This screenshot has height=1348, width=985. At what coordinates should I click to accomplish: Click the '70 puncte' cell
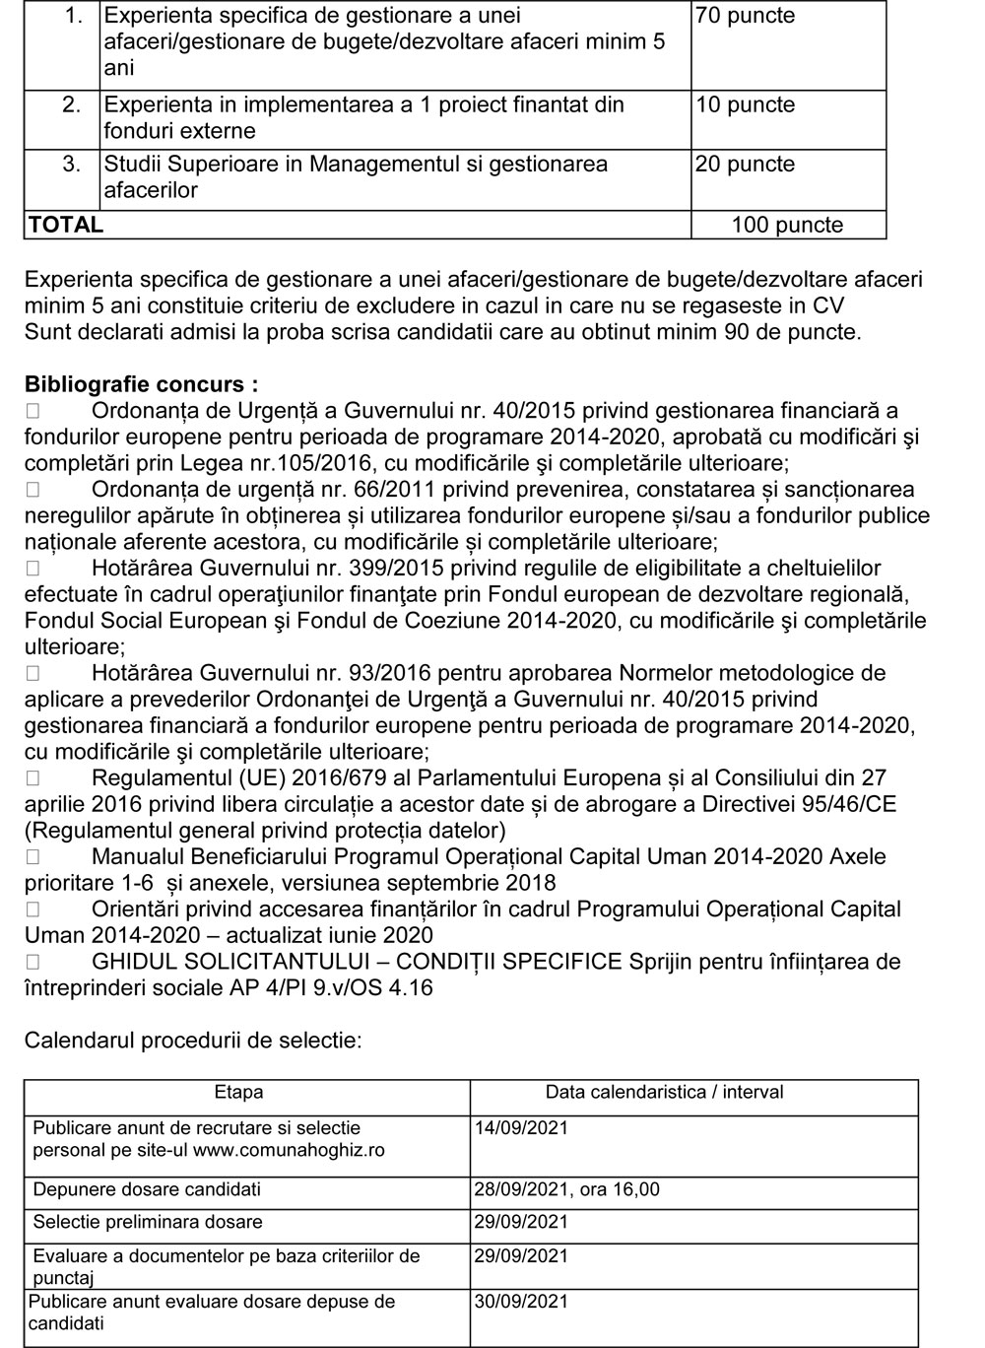pyautogui.click(x=745, y=16)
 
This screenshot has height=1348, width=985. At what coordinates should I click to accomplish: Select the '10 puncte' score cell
pyautogui.click(x=745, y=105)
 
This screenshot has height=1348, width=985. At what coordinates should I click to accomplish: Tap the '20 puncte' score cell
pyautogui.click(x=745, y=165)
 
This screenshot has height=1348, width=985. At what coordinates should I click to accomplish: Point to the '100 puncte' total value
pyautogui.click(x=787, y=226)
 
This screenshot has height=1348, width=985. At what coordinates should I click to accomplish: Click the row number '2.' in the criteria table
pyautogui.click(x=72, y=105)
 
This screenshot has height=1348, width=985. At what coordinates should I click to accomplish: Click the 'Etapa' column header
pyautogui.click(x=238, y=1093)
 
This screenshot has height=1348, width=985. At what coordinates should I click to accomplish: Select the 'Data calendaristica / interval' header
pyautogui.click(x=665, y=1093)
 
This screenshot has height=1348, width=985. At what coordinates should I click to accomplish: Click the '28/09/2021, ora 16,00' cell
pyautogui.click(x=566, y=1190)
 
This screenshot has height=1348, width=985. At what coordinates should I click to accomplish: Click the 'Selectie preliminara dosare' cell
pyautogui.click(x=148, y=1223)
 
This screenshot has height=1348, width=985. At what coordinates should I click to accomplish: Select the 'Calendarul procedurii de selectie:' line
pyautogui.click(x=193, y=1041)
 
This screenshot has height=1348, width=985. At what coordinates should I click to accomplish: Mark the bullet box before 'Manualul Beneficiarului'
pyautogui.click(x=33, y=857)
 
